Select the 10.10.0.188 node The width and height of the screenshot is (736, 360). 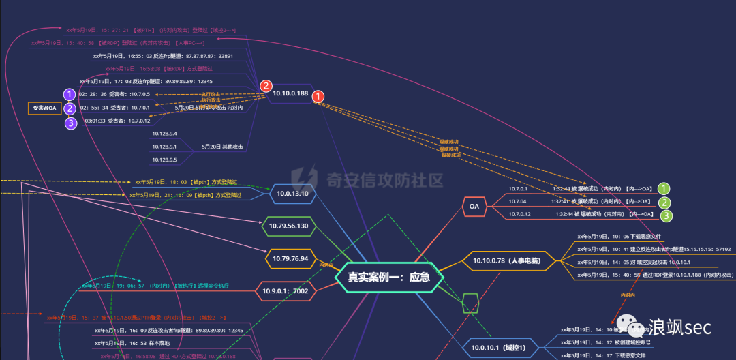coord(290,93)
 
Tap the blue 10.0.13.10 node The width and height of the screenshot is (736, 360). coord(293,193)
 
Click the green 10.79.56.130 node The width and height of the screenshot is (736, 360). coord(288,226)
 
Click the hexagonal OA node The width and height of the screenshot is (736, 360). coord(474,205)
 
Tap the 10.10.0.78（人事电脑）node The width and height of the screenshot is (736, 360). coord(508,260)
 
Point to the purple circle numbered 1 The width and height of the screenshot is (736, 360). coord(70,95)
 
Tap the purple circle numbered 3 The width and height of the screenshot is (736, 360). coord(70,123)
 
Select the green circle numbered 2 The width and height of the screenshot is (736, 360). coord(665,202)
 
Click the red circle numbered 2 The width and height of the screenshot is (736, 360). coord(266,86)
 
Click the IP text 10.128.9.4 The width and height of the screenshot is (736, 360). coord(164,134)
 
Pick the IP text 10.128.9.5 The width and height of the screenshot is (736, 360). coord(164,160)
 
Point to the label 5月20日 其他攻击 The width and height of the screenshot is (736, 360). coord(222,147)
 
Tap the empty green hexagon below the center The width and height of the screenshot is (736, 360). coord(470,303)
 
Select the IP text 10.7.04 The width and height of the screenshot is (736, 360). coord(518,201)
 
